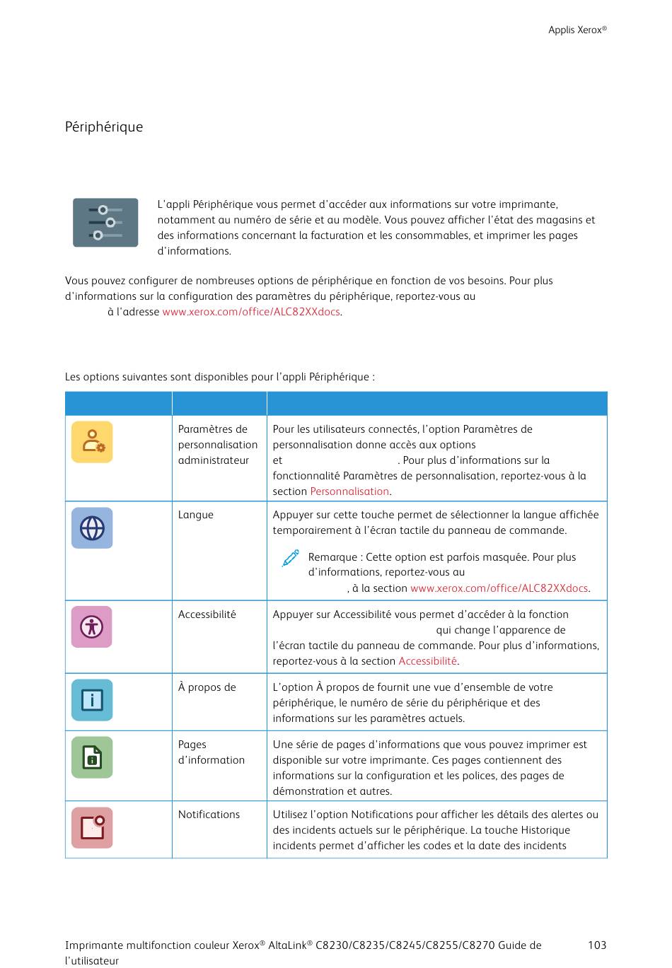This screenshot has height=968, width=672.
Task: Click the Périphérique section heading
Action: click(104, 127)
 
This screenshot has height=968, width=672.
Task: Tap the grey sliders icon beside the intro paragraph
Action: click(105, 223)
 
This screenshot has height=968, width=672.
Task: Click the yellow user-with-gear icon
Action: click(92, 442)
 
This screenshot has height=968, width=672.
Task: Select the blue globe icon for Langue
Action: click(92, 527)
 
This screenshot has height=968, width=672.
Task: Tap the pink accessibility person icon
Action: click(92, 626)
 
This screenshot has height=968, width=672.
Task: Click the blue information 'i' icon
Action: click(92, 699)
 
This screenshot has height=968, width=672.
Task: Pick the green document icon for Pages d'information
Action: click(92, 757)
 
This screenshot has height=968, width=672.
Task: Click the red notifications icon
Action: click(92, 827)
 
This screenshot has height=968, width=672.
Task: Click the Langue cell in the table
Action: click(196, 515)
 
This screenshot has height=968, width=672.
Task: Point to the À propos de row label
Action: click(207, 687)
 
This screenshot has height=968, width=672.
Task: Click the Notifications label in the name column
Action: click(209, 815)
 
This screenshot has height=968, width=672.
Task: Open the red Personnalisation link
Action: click(349, 491)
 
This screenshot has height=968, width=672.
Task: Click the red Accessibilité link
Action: click(427, 661)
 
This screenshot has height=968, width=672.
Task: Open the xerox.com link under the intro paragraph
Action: click(251, 312)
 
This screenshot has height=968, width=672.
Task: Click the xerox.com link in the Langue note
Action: click(499, 588)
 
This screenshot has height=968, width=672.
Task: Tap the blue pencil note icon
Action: click(290, 559)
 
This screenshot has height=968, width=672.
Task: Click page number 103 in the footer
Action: click(597, 945)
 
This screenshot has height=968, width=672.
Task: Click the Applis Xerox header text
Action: click(577, 30)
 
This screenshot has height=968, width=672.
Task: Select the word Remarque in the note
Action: click(332, 557)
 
